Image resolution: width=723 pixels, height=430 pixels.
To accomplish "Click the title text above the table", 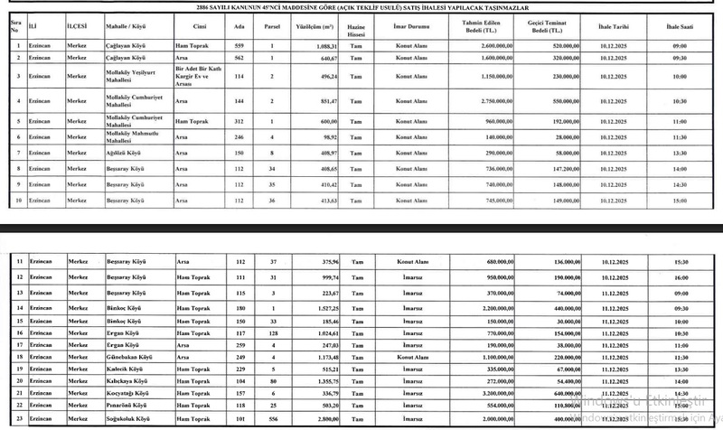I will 361,7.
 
